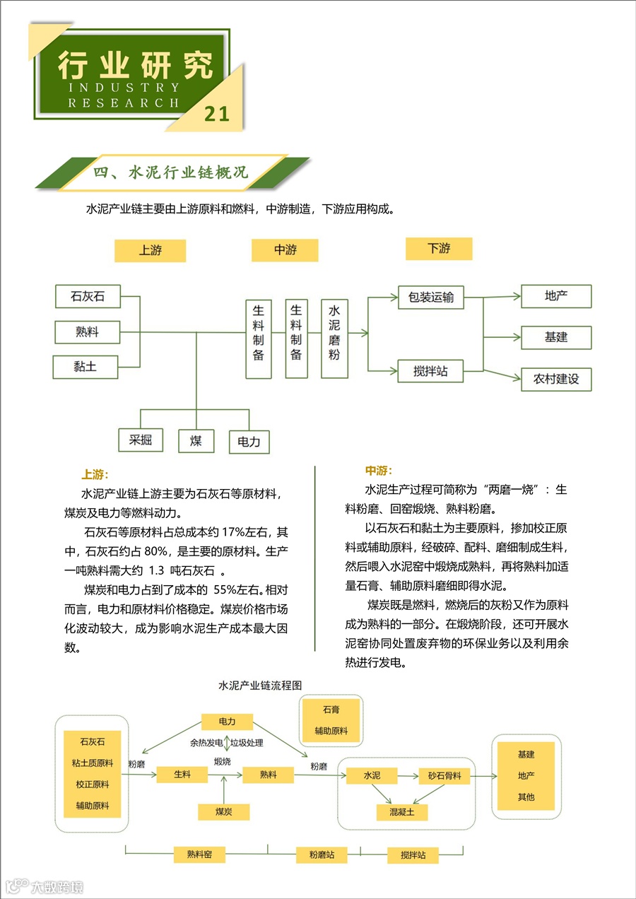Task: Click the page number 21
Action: pos(217,114)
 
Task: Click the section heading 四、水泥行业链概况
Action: pos(171,172)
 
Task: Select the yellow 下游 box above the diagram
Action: pos(438,248)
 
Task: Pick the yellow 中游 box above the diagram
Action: pos(285,249)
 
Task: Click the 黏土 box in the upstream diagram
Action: pos(85,367)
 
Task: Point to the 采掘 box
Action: pos(140,440)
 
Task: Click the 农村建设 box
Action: pos(555,379)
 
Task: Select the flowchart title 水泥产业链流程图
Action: pos(260,686)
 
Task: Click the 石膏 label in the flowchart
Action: pos(331,710)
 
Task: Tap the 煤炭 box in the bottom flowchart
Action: pos(223,812)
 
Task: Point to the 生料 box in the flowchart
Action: pos(182,775)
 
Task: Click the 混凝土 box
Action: pos(401,812)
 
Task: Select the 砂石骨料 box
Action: pos(444,775)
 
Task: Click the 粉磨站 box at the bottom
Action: pos(322,855)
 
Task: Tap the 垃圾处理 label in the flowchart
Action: pos(247,743)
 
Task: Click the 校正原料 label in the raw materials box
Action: pos(92,785)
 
